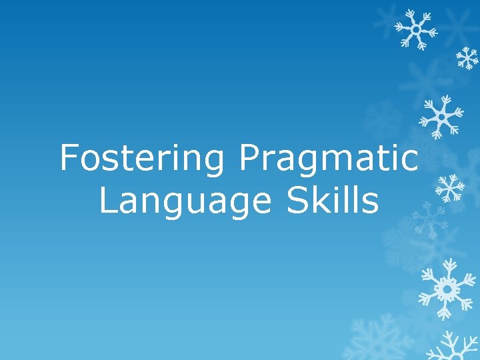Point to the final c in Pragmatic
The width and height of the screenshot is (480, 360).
click(x=411, y=162)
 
